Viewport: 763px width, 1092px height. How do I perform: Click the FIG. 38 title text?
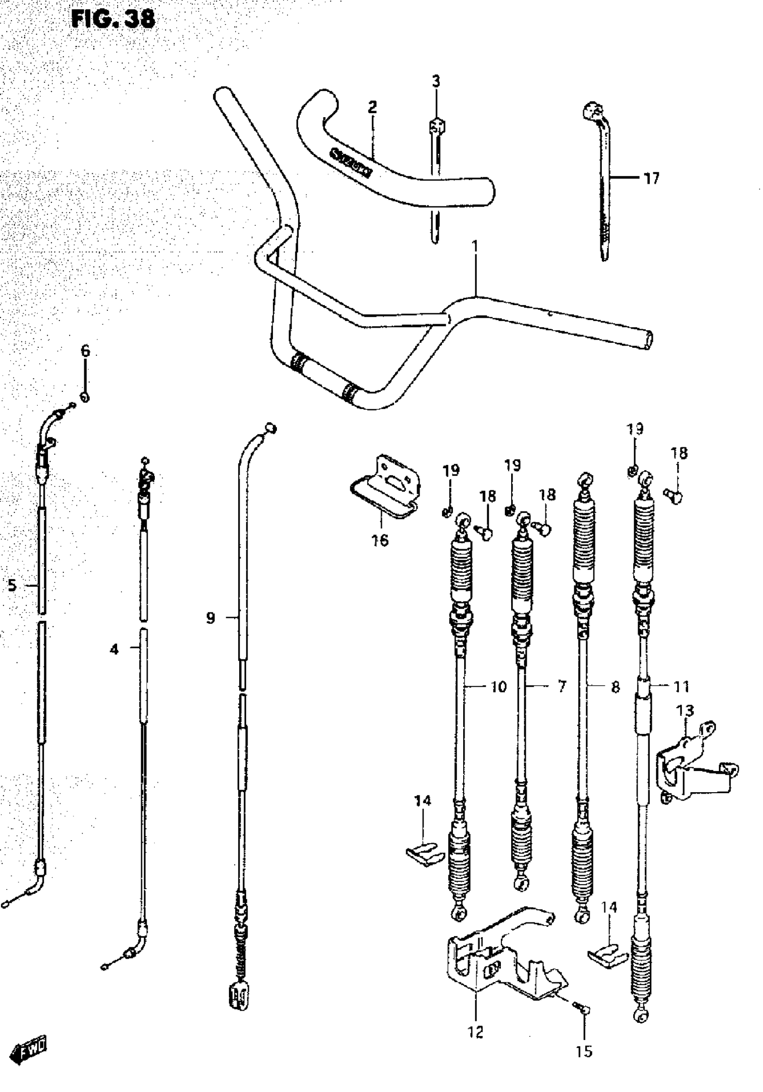click(113, 19)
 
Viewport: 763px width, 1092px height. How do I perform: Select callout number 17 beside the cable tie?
click(651, 178)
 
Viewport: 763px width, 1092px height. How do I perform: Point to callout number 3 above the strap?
click(436, 81)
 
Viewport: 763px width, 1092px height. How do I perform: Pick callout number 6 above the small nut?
click(85, 351)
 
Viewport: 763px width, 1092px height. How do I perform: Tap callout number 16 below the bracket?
click(380, 540)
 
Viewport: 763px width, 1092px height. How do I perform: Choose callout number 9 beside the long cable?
click(210, 618)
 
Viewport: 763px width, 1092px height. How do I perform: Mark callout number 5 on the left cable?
click(12, 585)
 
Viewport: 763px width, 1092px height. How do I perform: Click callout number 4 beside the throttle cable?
click(114, 649)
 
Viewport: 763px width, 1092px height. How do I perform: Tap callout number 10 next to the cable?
click(498, 687)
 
